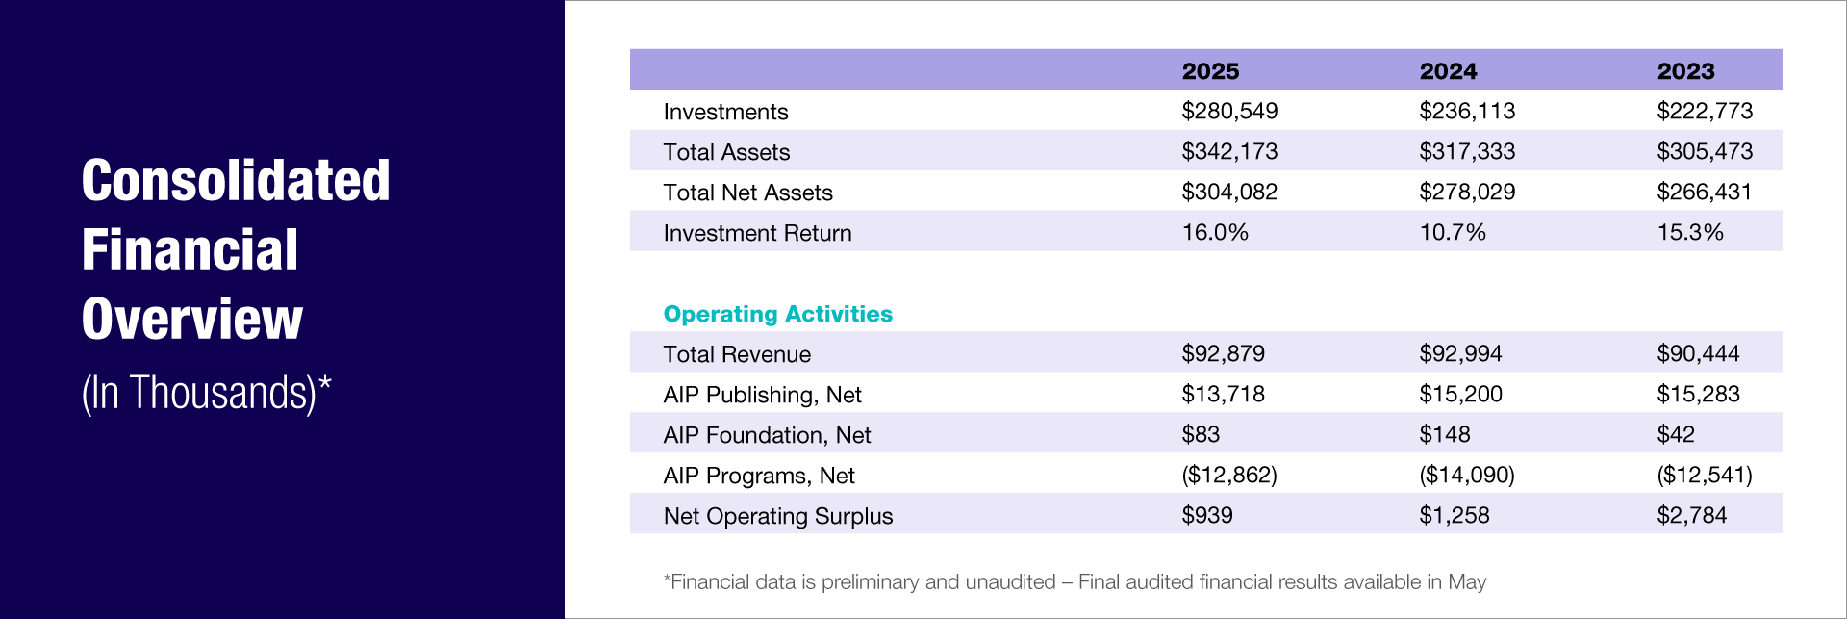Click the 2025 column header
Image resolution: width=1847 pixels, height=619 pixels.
point(1210,71)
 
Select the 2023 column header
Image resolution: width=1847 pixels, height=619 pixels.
point(1685,71)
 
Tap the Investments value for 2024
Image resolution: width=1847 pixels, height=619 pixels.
point(1467,112)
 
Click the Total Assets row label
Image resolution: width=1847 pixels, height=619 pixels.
point(726,152)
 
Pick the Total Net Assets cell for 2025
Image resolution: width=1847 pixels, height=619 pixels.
point(1229,193)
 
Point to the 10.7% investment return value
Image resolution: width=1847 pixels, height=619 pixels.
point(1453,233)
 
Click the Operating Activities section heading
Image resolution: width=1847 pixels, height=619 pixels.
point(777,314)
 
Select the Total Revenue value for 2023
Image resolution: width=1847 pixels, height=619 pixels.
point(1698,354)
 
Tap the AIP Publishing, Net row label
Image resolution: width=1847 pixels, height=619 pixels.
point(762,395)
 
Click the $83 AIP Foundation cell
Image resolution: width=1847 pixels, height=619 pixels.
point(1201,435)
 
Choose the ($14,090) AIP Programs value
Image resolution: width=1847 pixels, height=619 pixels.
point(1467,476)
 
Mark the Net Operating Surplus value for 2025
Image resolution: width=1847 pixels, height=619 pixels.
point(1207,516)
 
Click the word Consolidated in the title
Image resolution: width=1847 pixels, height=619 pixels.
point(236,181)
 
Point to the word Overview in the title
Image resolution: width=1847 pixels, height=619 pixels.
point(192,320)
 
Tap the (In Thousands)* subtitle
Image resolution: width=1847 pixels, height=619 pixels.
point(206,393)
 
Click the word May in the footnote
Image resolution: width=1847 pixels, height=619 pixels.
point(1466,582)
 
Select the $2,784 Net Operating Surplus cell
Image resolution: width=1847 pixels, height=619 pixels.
point(1691,516)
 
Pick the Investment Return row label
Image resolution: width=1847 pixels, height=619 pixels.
point(757,233)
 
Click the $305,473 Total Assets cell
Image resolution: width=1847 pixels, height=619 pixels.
point(1705,152)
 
